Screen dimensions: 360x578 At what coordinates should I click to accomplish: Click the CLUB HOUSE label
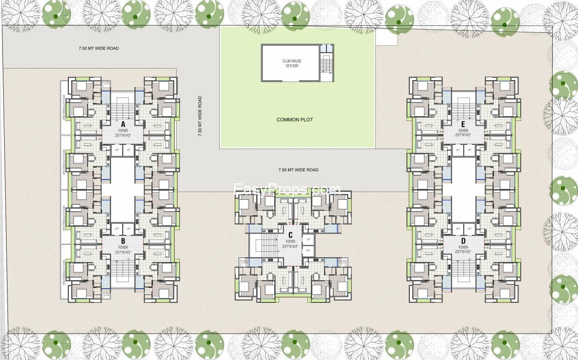[x=292, y=61]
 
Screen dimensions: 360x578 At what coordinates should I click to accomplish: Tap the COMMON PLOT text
[x=295, y=120]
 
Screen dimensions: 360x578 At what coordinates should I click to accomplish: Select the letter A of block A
[x=123, y=124]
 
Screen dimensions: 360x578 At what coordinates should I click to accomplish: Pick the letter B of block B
[x=123, y=241]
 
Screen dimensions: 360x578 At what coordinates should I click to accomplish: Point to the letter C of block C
[x=290, y=235]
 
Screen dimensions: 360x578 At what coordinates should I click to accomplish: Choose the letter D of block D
[x=463, y=241]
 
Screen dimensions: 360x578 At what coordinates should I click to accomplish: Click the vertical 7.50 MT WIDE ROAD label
[x=200, y=116]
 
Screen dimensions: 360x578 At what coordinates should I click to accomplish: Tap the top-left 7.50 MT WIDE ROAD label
[x=98, y=48]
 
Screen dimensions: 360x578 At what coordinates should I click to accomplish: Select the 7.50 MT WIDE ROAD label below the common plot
[x=298, y=170]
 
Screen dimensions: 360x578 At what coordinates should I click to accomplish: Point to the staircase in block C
[x=268, y=244]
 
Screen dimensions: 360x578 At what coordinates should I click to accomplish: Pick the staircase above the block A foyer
[x=123, y=108]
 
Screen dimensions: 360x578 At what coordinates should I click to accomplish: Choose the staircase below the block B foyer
[x=123, y=272]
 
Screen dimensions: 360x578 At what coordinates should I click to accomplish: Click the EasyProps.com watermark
[x=287, y=189]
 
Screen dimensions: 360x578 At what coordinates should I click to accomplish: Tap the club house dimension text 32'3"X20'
[x=292, y=67]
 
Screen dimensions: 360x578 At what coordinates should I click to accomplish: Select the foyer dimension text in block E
[x=463, y=135]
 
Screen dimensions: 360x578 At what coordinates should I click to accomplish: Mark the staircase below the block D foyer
[x=463, y=272]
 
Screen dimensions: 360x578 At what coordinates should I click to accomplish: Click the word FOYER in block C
[x=290, y=241]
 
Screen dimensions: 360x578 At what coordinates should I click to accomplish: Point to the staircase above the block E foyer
[x=463, y=108]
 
